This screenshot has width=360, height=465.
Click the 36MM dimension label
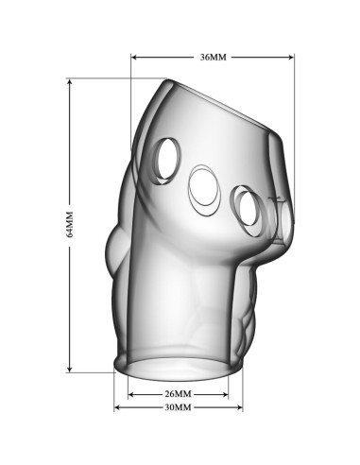click(x=214, y=58)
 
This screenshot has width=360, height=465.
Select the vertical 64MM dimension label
click(x=70, y=224)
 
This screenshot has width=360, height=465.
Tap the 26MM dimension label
click(x=178, y=394)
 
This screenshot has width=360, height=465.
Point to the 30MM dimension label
click(x=178, y=407)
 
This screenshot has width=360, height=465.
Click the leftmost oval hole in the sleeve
click(x=167, y=161)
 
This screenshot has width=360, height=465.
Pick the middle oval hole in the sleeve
click(x=205, y=191)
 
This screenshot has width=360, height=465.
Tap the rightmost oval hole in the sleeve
click(x=249, y=210)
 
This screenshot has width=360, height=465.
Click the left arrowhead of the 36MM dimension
click(x=133, y=58)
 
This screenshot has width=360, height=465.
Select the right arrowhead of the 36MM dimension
click(x=291, y=58)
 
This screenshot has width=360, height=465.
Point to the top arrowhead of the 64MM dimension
click(x=70, y=81)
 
